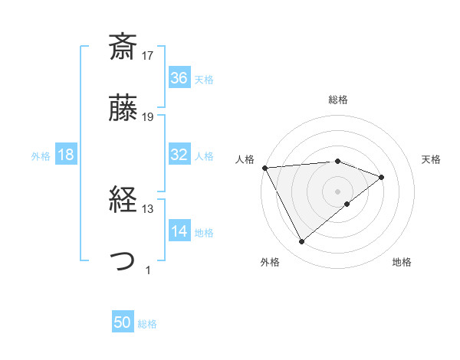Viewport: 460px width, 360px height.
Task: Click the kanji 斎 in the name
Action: (x=123, y=47)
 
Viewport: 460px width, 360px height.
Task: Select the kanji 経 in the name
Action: (x=123, y=201)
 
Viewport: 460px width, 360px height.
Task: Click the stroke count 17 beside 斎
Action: (x=148, y=56)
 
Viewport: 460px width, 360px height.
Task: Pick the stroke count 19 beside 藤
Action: (x=148, y=117)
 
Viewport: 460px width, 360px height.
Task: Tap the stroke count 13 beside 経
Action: (x=148, y=209)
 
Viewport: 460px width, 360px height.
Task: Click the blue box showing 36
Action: (x=179, y=78)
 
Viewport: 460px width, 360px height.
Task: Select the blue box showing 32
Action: (x=179, y=155)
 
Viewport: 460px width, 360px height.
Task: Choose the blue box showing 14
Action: (x=179, y=231)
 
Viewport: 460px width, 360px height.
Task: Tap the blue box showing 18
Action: (x=66, y=155)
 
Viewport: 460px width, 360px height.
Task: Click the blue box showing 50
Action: (x=123, y=323)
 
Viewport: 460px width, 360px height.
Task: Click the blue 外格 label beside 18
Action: (x=41, y=155)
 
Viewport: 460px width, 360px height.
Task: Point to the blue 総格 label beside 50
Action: (x=147, y=324)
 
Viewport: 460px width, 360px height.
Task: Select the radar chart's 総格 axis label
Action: (x=338, y=100)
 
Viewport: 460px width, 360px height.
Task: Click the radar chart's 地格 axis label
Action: (x=402, y=263)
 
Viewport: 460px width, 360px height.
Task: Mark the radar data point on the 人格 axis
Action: (x=264, y=167)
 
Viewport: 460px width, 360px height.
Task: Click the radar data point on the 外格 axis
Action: (x=301, y=242)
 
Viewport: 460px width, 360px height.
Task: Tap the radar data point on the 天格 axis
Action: (x=381, y=177)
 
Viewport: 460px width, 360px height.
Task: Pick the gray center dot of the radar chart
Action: (x=338, y=191)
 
